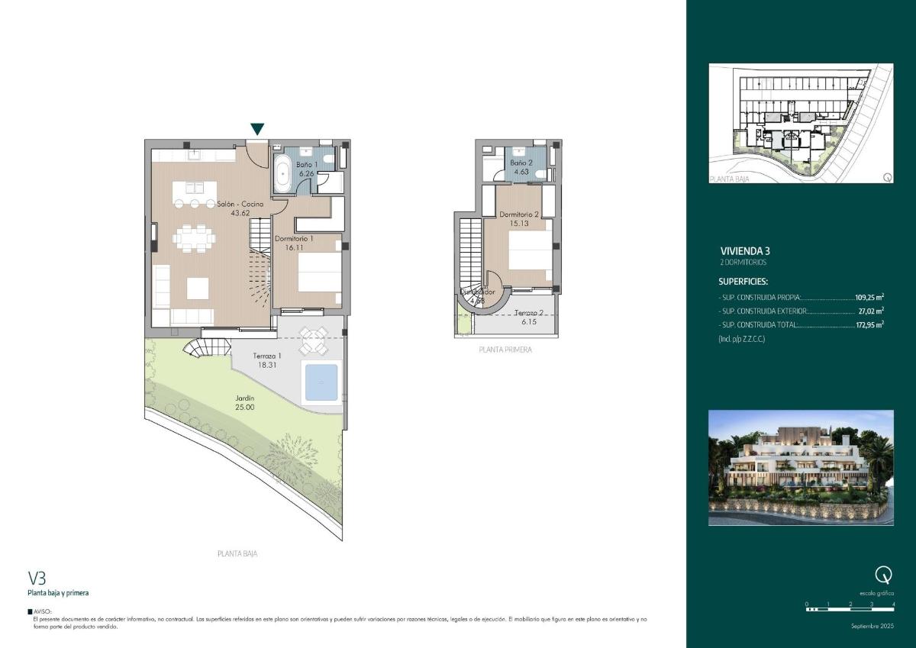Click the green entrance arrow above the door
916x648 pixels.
pyautogui.click(x=258, y=129)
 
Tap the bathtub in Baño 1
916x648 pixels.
pyautogui.click(x=282, y=174)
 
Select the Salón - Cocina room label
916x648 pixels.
pyautogui.click(x=240, y=208)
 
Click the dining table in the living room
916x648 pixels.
pyautogui.click(x=189, y=238)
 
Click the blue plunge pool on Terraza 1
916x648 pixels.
pyautogui.click(x=321, y=382)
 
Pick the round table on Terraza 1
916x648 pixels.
pyautogui.click(x=312, y=340)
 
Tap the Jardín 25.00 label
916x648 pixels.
pyautogui.click(x=245, y=402)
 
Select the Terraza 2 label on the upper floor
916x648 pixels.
pyautogui.click(x=528, y=318)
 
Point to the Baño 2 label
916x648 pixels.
pyautogui.click(x=521, y=167)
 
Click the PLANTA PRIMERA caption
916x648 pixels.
pyautogui.click(x=505, y=350)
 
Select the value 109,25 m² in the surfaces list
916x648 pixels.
pyautogui.click(x=869, y=298)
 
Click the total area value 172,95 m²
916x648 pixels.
pyautogui.click(x=869, y=324)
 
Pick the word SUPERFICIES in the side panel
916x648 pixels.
pyautogui.click(x=743, y=282)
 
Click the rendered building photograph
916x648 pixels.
pyautogui.click(x=801, y=467)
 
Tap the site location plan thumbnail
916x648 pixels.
pyautogui.click(x=801, y=123)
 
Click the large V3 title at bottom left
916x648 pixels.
pyautogui.click(x=37, y=578)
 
